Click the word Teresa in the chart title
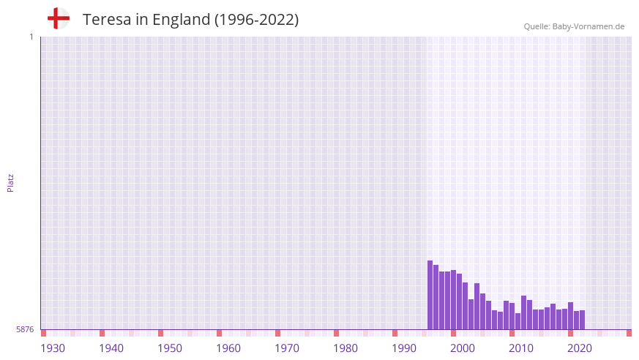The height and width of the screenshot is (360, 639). point(106,20)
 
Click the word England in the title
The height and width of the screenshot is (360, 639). point(182,20)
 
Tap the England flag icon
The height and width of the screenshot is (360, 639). point(59,18)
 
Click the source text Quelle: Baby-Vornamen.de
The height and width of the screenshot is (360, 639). point(574,26)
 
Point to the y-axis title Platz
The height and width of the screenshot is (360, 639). point(10,182)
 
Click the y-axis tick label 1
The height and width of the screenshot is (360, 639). point(31,37)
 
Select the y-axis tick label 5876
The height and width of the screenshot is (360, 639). point(25,330)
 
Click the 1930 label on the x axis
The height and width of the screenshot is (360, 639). point(53,348)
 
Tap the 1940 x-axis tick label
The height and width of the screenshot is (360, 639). point(111,348)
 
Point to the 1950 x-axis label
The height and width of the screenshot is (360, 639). point(170,348)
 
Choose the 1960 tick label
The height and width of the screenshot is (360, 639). point(228,348)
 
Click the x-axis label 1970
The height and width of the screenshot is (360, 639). point(287,348)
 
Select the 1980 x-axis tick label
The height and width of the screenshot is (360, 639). point(345,348)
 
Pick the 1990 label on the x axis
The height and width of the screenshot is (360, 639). point(404,348)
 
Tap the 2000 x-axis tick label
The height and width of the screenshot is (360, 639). point(463,348)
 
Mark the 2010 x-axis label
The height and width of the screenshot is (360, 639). point(521,348)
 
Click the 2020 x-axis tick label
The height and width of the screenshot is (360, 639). point(580,348)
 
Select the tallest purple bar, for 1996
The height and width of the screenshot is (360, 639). point(430,295)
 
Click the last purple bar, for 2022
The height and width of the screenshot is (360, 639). point(583,320)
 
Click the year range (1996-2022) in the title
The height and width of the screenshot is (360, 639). point(256,20)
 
